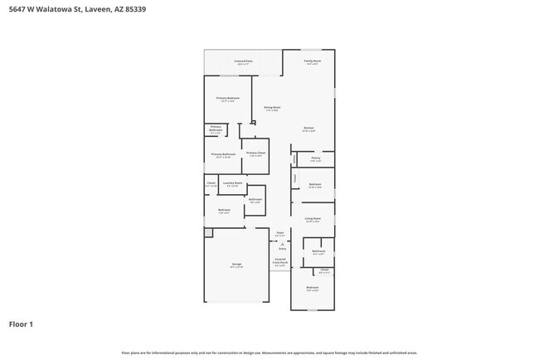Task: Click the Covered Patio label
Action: point(243,61)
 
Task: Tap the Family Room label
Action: point(312,61)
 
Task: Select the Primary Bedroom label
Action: point(227,99)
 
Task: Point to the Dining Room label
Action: point(272,107)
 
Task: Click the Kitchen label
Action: point(308,128)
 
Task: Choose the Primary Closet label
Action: point(255,153)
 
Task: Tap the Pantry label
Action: point(315,157)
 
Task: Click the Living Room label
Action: point(313,218)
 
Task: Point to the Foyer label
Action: point(279,233)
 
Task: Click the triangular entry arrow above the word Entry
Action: point(281,243)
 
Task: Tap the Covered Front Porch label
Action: point(280,260)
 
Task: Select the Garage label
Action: point(236,265)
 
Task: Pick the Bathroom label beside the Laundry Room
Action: point(255,199)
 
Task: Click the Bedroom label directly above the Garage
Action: point(224,210)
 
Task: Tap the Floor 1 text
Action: point(22,324)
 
